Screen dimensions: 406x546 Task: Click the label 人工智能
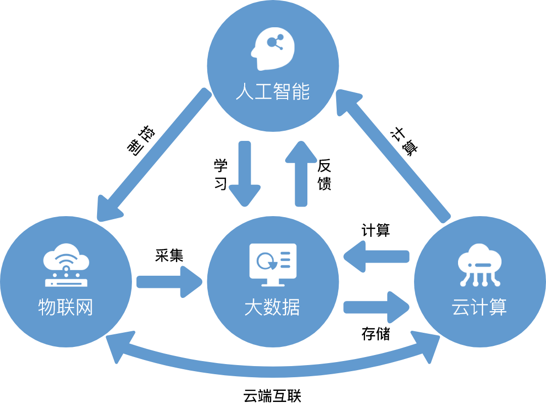(x=272, y=93)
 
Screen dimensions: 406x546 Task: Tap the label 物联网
(x=66, y=308)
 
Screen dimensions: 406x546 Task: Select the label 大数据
(x=272, y=308)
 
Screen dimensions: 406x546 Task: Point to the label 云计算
(x=479, y=308)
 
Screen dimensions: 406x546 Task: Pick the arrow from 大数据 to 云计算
(x=377, y=307)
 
